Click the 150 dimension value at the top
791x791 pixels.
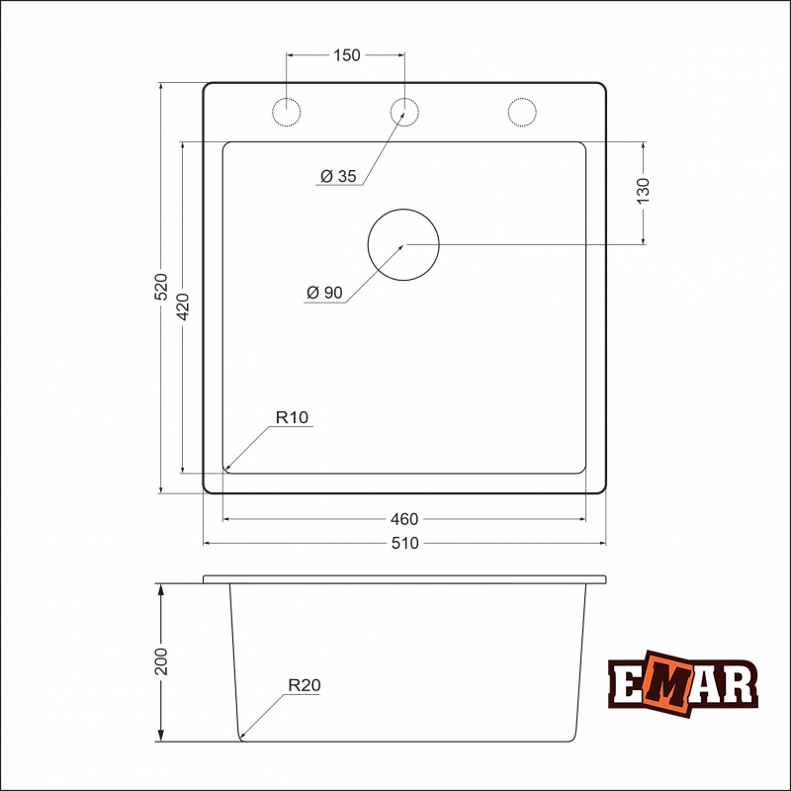tap(346, 55)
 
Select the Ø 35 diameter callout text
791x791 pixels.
tap(339, 177)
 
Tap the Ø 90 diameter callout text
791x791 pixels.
tap(325, 293)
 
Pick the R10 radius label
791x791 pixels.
tap(293, 418)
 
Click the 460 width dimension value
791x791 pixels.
tap(404, 519)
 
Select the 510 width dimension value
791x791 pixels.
tap(404, 543)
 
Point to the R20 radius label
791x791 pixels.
tap(305, 684)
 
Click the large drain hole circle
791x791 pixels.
tap(403, 244)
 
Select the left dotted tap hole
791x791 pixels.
tap(287, 112)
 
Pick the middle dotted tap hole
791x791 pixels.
tap(403, 112)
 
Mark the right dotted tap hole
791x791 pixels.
tap(522, 112)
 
